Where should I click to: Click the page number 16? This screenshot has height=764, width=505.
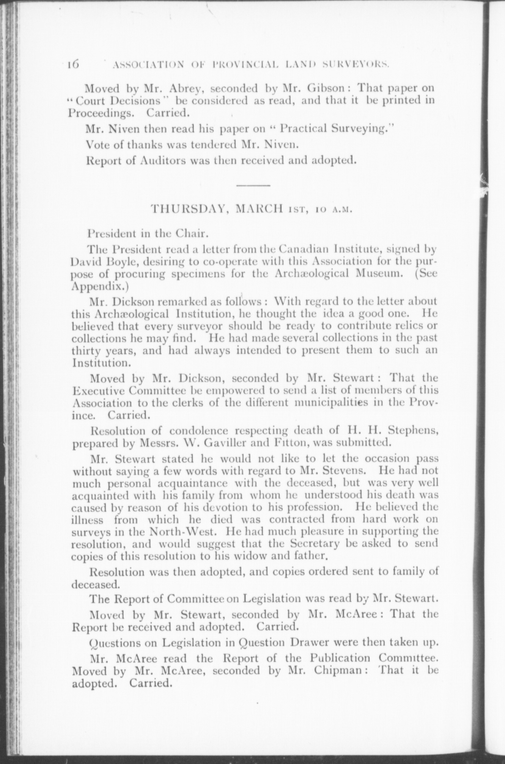74,64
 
